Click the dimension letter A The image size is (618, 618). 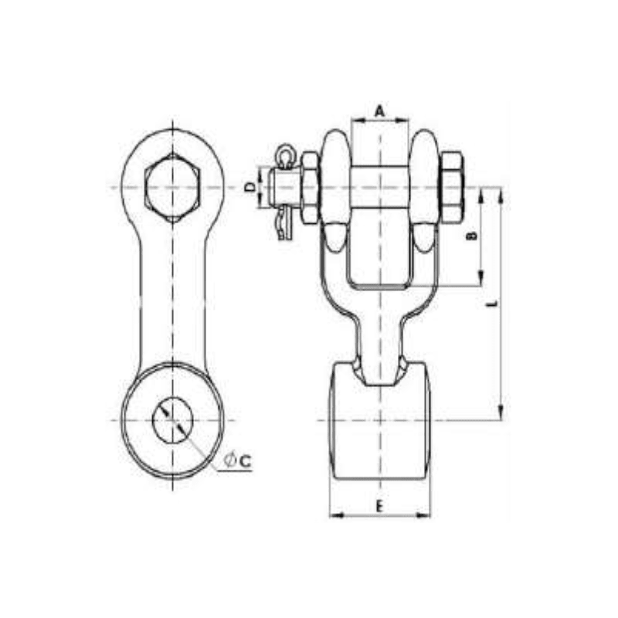tap(379, 110)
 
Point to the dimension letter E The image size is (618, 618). tap(379, 506)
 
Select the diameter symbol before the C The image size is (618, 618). tap(229, 460)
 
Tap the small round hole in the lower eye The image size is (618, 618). tap(173, 420)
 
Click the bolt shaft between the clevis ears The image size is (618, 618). tap(379, 188)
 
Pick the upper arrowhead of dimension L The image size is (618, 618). tap(502, 193)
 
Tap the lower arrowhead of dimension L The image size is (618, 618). tap(502, 414)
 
